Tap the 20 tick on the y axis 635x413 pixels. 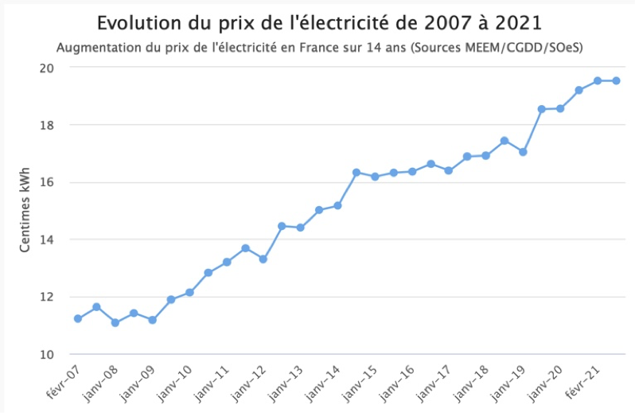pyautogui.click(x=47, y=68)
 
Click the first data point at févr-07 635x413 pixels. pyautogui.click(x=78, y=318)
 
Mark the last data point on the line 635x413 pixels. pyautogui.click(x=616, y=80)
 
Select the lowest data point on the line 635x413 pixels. pyautogui.click(x=115, y=322)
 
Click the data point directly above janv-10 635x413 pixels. pyautogui.click(x=189, y=292)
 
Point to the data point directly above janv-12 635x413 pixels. pyautogui.click(x=263, y=259)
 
